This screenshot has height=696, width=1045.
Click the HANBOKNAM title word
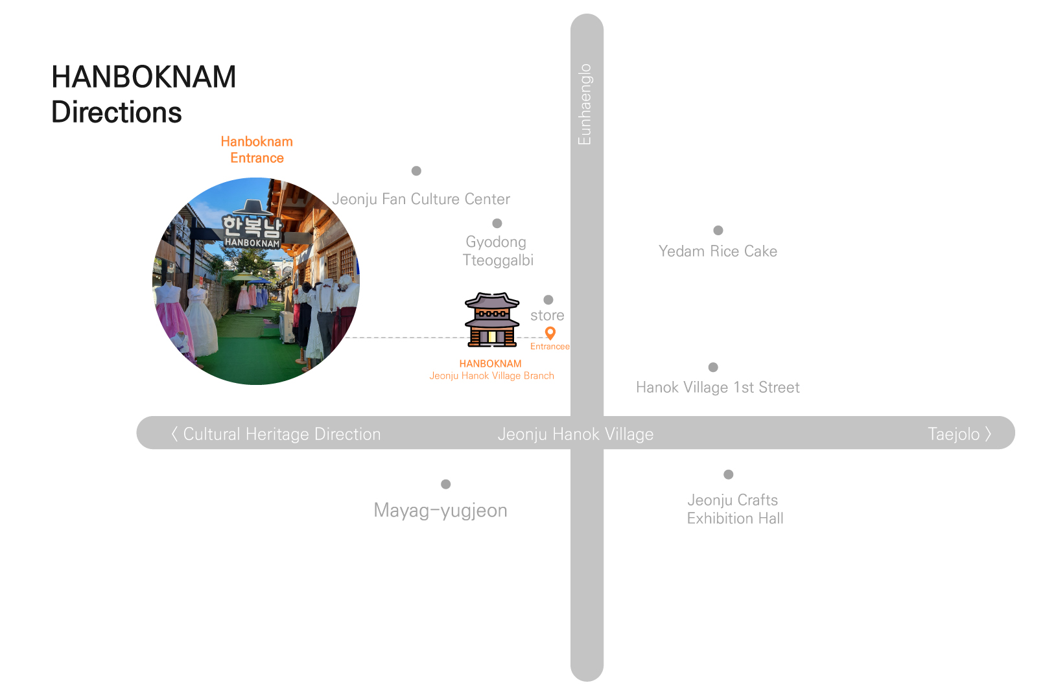(144, 76)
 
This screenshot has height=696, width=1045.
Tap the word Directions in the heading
(117, 112)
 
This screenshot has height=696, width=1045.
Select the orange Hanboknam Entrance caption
(257, 150)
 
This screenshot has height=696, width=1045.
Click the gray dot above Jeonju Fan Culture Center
(417, 170)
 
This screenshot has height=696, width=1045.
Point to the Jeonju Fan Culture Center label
(421, 199)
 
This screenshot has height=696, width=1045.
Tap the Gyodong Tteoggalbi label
(498, 251)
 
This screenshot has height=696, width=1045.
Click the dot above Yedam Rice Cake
(718, 231)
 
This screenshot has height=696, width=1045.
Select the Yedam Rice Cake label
(718, 251)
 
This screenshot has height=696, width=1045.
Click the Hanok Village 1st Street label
(718, 387)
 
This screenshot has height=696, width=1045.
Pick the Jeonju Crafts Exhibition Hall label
(735, 509)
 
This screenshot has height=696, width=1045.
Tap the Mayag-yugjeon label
(440, 511)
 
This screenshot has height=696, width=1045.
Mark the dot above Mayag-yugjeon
(446, 484)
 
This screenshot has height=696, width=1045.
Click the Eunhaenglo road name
(585, 104)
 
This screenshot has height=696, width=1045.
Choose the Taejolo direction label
(959, 434)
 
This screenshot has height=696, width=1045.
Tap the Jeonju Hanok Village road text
(576, 434)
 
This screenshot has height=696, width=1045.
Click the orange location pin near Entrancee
(550, 333)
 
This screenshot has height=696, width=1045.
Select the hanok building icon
(492, 320)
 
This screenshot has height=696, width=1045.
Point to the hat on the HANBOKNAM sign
(253, 207)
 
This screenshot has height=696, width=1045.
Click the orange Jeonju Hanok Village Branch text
(492, 376)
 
